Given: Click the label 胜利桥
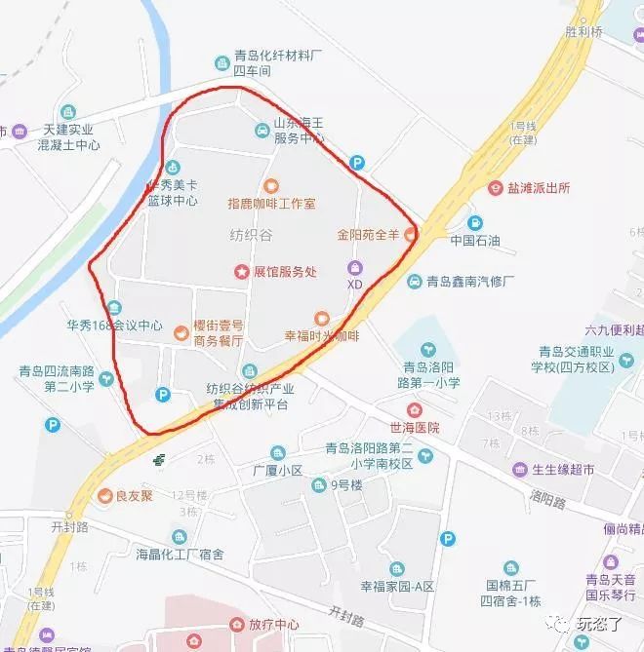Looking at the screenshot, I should [x=584, y=31].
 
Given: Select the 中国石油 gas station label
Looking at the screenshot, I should [x=475, y=238].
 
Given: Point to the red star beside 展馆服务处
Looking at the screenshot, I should [x=240, y=272].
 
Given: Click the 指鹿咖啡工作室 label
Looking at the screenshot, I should [x=271, y=204].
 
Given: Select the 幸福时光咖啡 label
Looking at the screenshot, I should [x=322, y=335].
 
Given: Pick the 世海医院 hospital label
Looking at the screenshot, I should [x=415, y=427].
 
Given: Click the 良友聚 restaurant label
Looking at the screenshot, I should [x=135, y=495].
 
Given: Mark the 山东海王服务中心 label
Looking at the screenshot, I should [x=298, y=131].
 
